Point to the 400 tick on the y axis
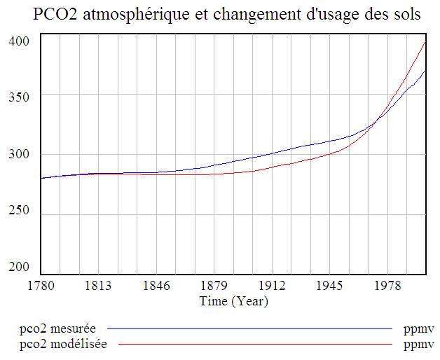click(x=20, y=41)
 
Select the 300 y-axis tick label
click(x=20, y=155)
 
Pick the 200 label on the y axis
click(x=20, y=268)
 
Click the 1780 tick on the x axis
click(x=41, y=286)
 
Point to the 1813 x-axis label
click(x=99, y=286)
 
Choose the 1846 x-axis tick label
click(x=156, y=286)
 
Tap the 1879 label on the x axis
click(x=214, y=286)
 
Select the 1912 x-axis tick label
click(x=272, y=286)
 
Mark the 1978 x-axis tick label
click(x=387, y=286)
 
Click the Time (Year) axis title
click(x=233, y=301)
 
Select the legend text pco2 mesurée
click(x=57, y=328)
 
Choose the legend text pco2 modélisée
click(x=63, y=344)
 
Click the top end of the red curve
click(x=425, y=43)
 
